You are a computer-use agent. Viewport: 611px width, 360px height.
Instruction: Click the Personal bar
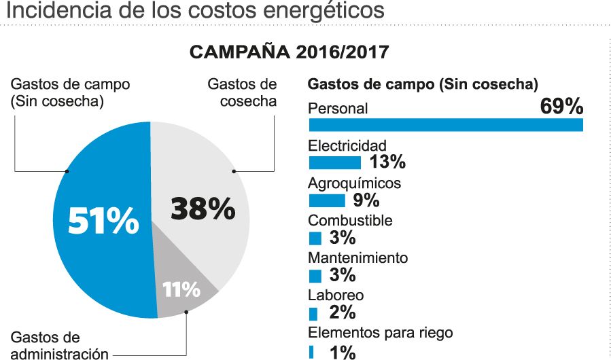point(446,125)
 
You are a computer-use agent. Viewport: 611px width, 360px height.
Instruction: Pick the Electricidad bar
point(334,162)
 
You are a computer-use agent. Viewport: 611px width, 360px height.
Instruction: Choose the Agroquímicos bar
point(327,200)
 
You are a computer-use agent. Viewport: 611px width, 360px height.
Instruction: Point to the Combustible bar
point(315,238)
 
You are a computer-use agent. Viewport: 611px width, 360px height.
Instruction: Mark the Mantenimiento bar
point(315,276)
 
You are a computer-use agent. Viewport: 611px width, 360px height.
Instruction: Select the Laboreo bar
point(313,314)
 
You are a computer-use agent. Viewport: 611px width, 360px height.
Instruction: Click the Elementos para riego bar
point(311,352)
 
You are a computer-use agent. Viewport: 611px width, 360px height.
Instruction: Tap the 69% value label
point(561,107)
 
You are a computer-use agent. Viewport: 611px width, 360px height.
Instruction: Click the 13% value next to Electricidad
point(387,162)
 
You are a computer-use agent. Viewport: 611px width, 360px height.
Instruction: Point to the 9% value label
point(366,200)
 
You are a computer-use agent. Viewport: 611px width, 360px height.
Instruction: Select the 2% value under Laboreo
point(343,313)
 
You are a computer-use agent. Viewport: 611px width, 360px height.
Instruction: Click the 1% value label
point(343,352)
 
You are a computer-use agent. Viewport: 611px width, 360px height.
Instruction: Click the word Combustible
point(350,221)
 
